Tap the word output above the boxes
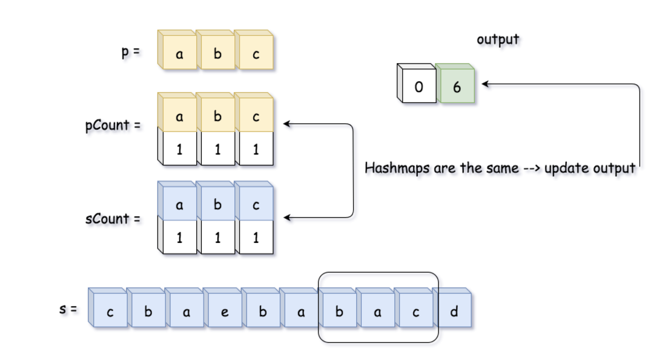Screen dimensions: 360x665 (498, 39)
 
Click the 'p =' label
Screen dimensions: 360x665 (130, 52)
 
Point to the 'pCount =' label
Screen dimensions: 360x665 (113, 125)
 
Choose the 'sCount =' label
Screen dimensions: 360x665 (113, 218)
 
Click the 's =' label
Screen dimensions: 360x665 (68, 309)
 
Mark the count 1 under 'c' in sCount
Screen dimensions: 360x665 (256, 238)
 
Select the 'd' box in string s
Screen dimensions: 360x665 (454, 313)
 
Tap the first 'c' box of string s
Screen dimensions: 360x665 (110, 313)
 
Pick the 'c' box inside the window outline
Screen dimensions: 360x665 (415, 313)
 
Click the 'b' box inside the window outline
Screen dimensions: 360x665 (339, 313)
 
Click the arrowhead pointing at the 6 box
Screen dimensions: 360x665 (484, 84)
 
